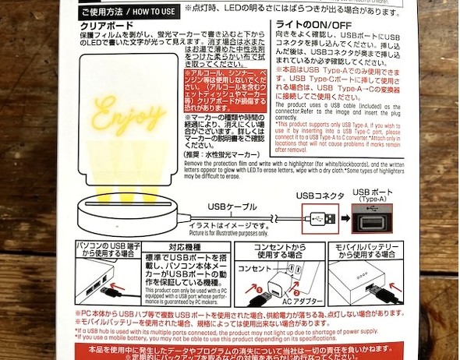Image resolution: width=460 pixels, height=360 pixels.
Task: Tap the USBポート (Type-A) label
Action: [x=374, y=196]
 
